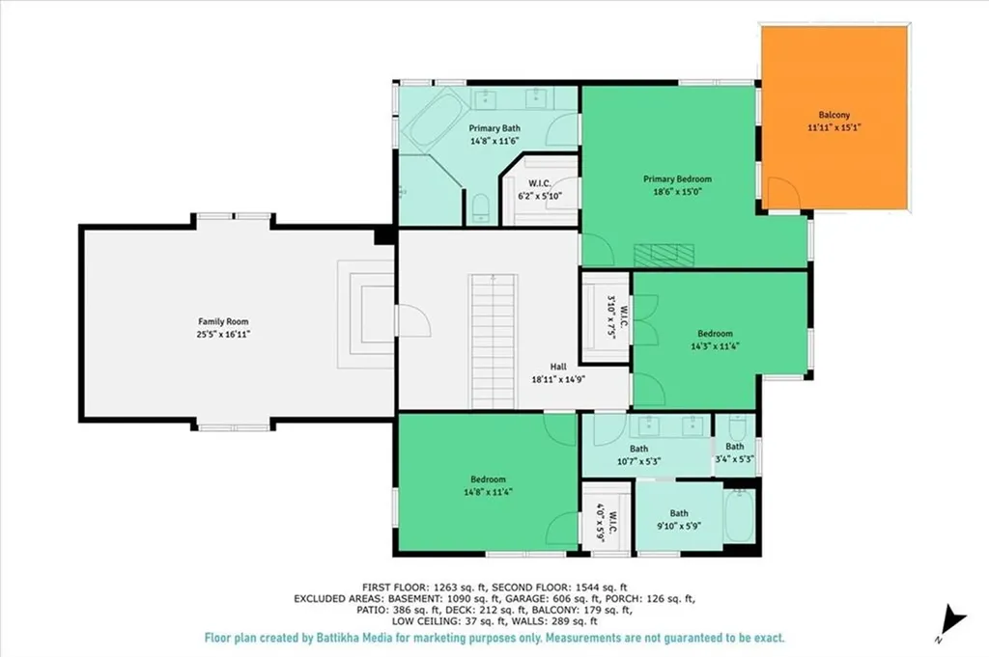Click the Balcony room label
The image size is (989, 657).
[x=834, y=115]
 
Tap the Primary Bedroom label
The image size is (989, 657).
[x=677, y=178]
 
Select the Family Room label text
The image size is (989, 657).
[x=223, y=321]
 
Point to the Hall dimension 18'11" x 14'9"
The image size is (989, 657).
[x=558, y=379]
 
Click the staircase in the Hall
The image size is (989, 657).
[x=494, y=341]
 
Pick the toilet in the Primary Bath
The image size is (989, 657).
[x=481, y=208]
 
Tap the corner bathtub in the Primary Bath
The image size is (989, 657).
[x=434, y=121]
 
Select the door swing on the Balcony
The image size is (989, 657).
[x=782, y=193]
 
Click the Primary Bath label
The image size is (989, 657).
[x=494, y=128]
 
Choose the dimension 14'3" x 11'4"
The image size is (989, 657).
[x=716, y=345]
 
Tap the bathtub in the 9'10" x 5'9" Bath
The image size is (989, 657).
[x=739, y=516]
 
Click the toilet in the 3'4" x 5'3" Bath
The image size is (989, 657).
[x=736, y=427]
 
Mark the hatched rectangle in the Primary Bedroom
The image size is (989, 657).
[x=664, y=255]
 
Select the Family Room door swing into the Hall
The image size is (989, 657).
[x=413, y=322]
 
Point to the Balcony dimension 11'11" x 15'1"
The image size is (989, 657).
[x=834, y=127]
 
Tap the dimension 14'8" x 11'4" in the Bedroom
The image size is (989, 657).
[x=488, y=492]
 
